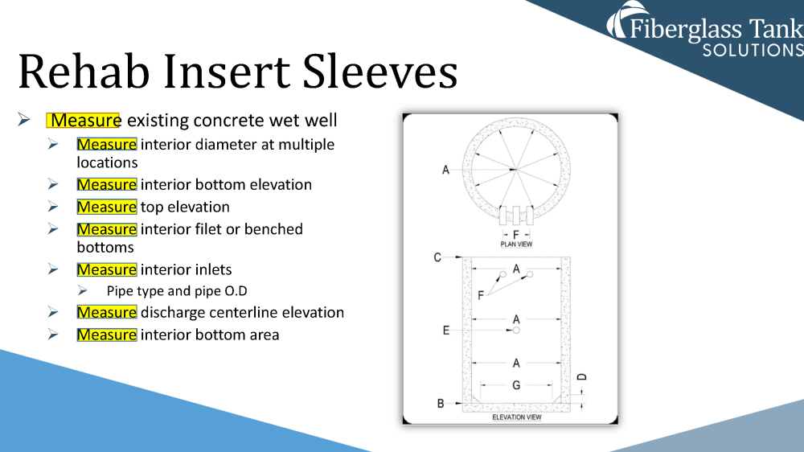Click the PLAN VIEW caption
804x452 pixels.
point(516,244)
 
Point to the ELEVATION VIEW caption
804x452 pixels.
point(516,417)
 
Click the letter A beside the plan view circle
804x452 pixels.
point(445,170)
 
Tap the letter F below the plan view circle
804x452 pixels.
point(516,235)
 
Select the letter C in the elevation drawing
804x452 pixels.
point(437,257)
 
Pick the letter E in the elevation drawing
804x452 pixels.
point(445,330)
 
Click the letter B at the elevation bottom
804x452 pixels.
point(441,403)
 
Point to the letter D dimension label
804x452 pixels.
point(583,376)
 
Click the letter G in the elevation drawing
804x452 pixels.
point(516,385)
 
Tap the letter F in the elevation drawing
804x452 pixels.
point(481,295)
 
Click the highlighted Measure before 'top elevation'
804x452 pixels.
point(107,207)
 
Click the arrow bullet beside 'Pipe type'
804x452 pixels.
point(82,290)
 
